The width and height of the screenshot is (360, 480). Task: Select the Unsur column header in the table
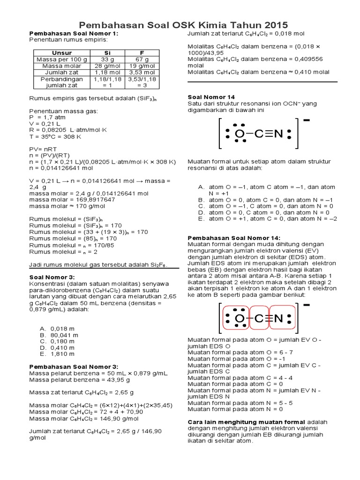(x=62, y=53)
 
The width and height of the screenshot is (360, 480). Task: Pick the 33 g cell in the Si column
(x=107, y=60)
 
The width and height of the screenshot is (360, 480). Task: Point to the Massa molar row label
(x=62, y=66)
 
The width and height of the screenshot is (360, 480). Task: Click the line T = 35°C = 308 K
(x=55, y=137)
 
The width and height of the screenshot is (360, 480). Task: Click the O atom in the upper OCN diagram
(x=240, y=134)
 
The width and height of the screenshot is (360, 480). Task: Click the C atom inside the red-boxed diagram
(x=259, y=319)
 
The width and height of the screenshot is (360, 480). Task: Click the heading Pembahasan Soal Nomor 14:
(x=233, y=238)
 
